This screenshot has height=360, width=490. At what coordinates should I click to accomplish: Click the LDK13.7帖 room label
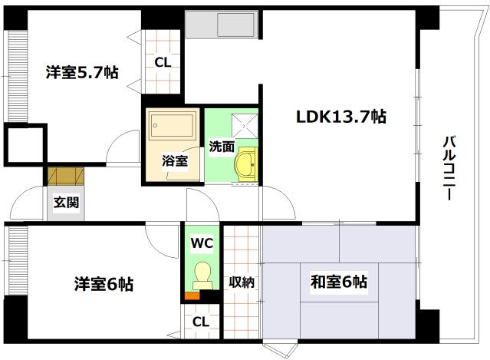tap(341, 117)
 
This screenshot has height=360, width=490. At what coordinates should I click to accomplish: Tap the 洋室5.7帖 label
tap(81, 73)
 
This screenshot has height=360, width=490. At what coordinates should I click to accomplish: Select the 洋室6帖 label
tap(104, 284)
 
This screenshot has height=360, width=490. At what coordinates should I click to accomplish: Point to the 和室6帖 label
tap(338, 282)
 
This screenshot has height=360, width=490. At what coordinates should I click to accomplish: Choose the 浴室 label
tap(174, 161)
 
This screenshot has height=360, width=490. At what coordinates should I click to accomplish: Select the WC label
tap(202, 243)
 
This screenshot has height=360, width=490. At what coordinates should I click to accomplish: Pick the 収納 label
tap(242, 282)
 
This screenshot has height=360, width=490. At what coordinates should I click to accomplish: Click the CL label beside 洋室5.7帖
tap(163, 63)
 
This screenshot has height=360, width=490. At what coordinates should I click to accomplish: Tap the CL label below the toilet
tap(200, 322)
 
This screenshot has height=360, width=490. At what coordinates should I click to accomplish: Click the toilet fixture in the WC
tap(202, 272)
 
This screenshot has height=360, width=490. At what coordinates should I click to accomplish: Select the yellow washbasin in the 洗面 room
tap(245, 163)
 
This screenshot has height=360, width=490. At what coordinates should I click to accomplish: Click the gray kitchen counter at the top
tap(222, 26)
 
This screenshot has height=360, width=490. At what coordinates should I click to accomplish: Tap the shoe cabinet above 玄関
tap(64, 176)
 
